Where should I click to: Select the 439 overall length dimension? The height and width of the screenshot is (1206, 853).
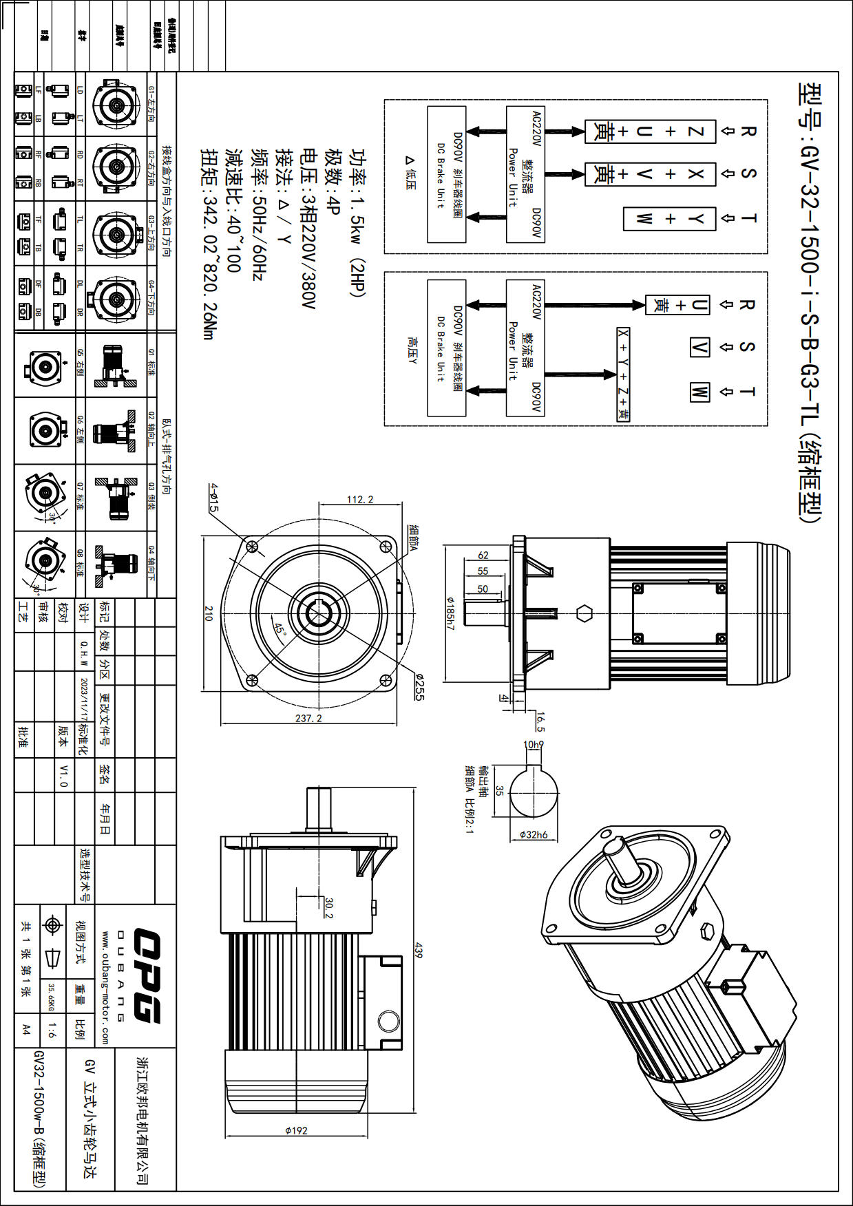click(418, 951)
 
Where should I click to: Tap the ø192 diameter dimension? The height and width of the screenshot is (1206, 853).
click(296, 1130)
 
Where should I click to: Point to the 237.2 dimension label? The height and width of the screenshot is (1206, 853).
click(308, 718)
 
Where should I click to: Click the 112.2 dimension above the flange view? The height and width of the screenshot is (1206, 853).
click(359, 499)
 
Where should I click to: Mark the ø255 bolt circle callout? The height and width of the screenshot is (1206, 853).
click(419, 687)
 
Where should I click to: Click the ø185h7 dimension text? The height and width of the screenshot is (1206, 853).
click(450, 613)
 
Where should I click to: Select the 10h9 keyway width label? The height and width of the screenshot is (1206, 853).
click(533, 745)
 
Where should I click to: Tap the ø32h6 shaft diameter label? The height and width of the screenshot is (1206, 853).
click(534, 834)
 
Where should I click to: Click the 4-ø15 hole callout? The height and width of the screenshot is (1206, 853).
click(213, 497)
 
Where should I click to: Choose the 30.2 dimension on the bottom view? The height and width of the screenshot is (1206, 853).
click(328, 907)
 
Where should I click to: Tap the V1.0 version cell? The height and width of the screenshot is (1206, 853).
click(63, 775)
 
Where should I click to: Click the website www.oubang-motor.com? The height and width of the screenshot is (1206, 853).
click(105, 988)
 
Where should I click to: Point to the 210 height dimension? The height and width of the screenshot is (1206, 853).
click(208, 613)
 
